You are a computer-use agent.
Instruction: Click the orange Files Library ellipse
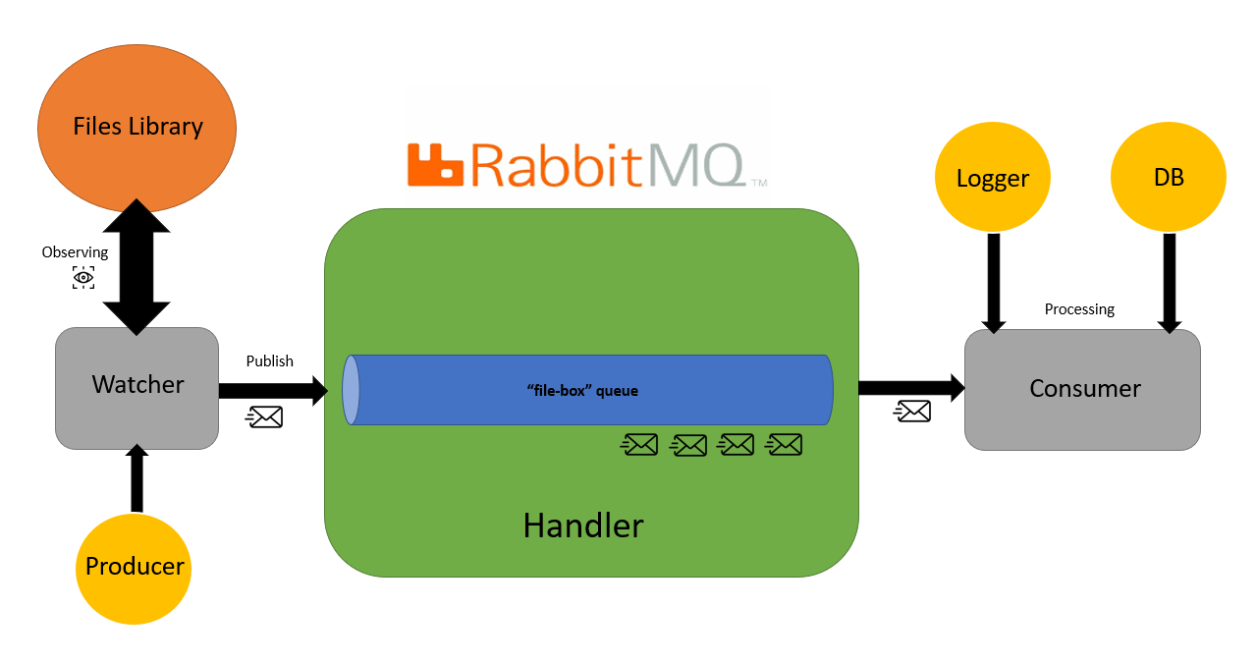[137, 127]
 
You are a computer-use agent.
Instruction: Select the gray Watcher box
[137, 387]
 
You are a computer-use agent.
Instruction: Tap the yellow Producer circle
[135, 567]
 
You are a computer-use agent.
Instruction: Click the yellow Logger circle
[992, 178]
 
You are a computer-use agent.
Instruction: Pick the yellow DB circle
[1168, 178]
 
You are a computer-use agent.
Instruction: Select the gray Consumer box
[1082, 389]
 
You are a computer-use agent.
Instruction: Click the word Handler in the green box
[583, 526]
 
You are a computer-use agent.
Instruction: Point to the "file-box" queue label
[582, 391]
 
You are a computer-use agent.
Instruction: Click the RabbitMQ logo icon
[434, 164]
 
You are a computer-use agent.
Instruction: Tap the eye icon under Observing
[83, 278]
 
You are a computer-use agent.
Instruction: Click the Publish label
[269, 360]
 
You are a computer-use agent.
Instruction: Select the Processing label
[1079, 308]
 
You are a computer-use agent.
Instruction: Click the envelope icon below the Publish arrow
[264, 417]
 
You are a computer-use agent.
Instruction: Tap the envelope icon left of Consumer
[912, 412]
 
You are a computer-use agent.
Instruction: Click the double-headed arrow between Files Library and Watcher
[137, 267]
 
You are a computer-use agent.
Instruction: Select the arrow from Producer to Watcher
[137, 478]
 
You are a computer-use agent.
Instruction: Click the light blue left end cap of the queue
[351, 390]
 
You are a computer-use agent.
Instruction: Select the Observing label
[75, 252]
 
